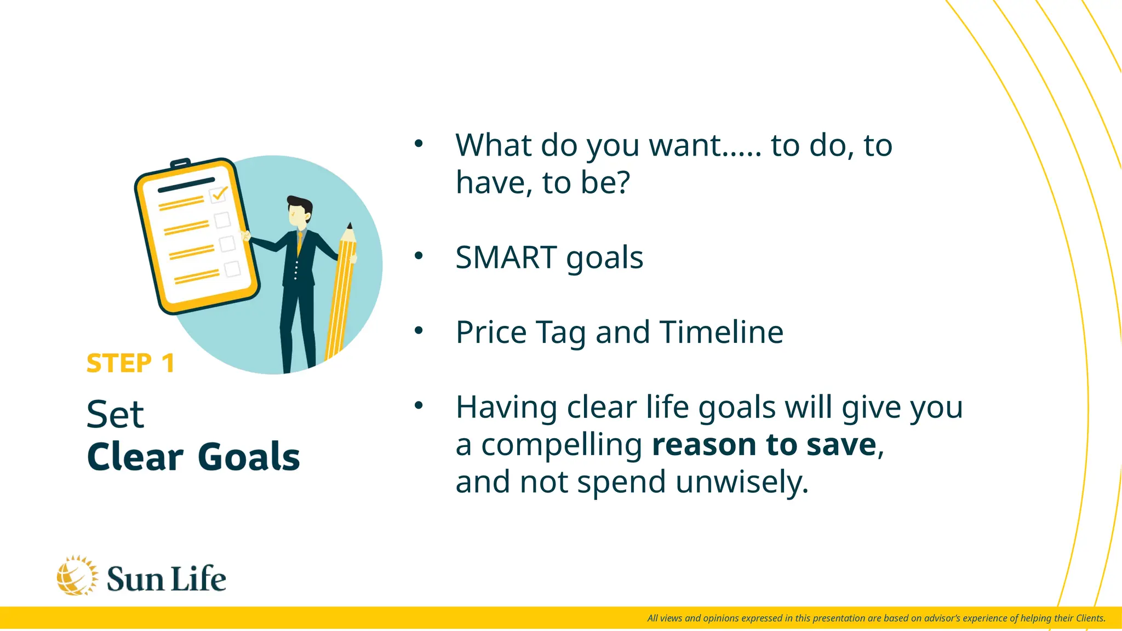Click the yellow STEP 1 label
(130, 363)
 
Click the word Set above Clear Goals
(116, 415)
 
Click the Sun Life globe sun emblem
(77, 576)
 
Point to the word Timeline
(721, 332)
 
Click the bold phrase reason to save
(764, 444)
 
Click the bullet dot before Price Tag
(419, 330)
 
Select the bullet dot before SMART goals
(419, 255)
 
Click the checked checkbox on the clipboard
(218, 194)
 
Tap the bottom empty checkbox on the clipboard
(232, 269)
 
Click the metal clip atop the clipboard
(180, 163)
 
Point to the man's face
(298, 215)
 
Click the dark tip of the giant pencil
(350, 226)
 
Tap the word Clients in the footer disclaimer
(1090, 618)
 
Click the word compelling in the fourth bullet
(562, 444)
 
